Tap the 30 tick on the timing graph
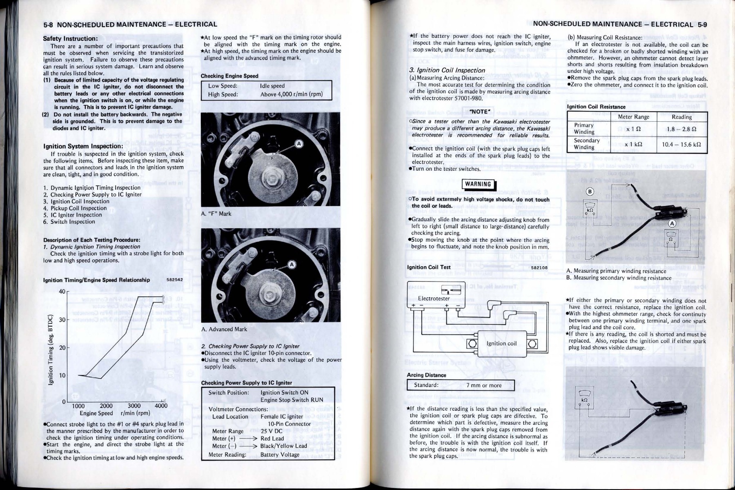62,319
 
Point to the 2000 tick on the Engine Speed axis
106,406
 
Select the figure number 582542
175,280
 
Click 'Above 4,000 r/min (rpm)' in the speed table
292,94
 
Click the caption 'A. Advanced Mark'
224,329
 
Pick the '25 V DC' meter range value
272,431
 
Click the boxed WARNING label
478,184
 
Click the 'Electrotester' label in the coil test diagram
434,298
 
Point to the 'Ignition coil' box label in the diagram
502,343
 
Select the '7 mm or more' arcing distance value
484,385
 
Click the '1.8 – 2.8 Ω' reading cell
682,129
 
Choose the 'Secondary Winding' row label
586,144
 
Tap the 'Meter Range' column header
633,117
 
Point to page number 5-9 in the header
702,24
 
